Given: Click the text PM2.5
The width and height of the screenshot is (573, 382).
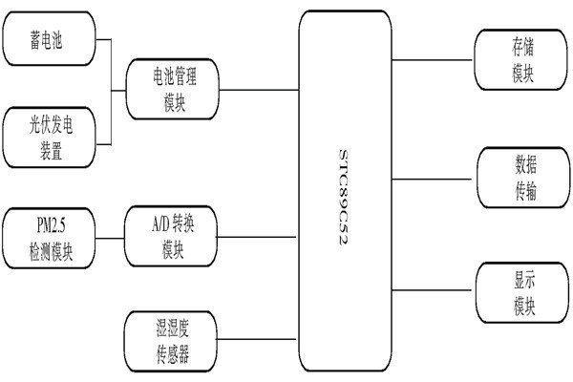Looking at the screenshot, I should pyautogui.click(x=50, y=224).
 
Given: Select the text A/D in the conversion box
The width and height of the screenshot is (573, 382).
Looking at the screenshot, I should pyautogui.click(x=159, y=224).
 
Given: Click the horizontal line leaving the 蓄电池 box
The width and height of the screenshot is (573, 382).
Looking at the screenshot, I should pyautogui.click(x=105, y=40).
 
